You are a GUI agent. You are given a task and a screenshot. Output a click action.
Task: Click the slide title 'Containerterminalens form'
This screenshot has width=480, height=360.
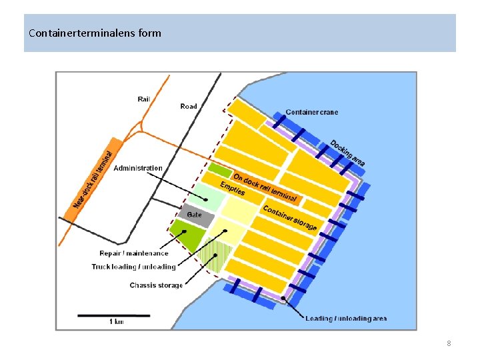(x=95, y=32)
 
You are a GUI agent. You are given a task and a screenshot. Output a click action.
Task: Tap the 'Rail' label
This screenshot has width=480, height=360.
(x=144, y=99)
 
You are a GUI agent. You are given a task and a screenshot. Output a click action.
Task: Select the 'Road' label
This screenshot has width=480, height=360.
(x=189, y=106)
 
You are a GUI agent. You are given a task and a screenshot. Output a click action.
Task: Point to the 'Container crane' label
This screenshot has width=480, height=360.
(x=311, y=112)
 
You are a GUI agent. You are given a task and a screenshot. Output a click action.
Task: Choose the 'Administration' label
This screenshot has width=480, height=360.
(x=138, y=168)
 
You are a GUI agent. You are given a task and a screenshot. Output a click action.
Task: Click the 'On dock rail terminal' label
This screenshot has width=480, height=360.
(x=265, y=187)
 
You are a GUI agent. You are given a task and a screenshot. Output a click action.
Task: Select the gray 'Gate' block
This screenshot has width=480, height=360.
(x=195, y=215)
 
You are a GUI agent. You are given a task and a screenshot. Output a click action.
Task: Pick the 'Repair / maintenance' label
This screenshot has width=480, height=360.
(x=134, y=253)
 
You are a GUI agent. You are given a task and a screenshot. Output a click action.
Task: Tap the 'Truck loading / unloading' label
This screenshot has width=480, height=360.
(x=133, y=267)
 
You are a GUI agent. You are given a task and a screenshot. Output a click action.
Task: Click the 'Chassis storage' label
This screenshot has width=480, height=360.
(x=156, y=285)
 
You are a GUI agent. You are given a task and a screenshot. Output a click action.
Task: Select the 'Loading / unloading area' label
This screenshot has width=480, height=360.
(x=346, y=319)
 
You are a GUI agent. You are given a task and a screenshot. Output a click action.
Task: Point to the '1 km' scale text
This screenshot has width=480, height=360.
(x=116, y=322)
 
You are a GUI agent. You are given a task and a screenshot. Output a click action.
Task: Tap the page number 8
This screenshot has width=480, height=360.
(x=449, y=343)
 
